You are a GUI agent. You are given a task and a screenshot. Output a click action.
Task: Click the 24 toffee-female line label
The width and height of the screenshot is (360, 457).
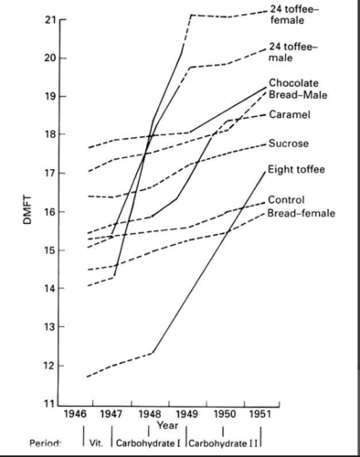point(293,14)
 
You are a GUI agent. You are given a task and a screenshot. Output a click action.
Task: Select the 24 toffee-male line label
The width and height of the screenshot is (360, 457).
point(293,52)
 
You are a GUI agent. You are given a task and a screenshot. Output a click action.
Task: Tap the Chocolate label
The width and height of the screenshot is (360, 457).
point(293,83)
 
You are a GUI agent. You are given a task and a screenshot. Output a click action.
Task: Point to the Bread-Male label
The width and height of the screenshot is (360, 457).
point(298,94)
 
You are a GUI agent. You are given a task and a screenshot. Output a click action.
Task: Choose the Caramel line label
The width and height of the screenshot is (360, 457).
point(289,114)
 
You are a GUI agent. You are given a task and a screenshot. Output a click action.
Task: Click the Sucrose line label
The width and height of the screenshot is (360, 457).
point(288,144)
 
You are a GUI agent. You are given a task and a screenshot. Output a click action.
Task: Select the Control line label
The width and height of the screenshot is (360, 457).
point(286,200)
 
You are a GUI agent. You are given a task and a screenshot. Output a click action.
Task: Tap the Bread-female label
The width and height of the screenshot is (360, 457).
point(301,213)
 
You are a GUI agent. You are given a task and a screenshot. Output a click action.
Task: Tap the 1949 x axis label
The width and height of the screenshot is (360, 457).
point(187,414)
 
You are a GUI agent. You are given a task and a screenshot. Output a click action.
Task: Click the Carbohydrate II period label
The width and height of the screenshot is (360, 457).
point(223,443)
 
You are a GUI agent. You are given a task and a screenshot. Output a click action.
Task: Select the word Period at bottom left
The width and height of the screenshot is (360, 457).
point(45,444)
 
